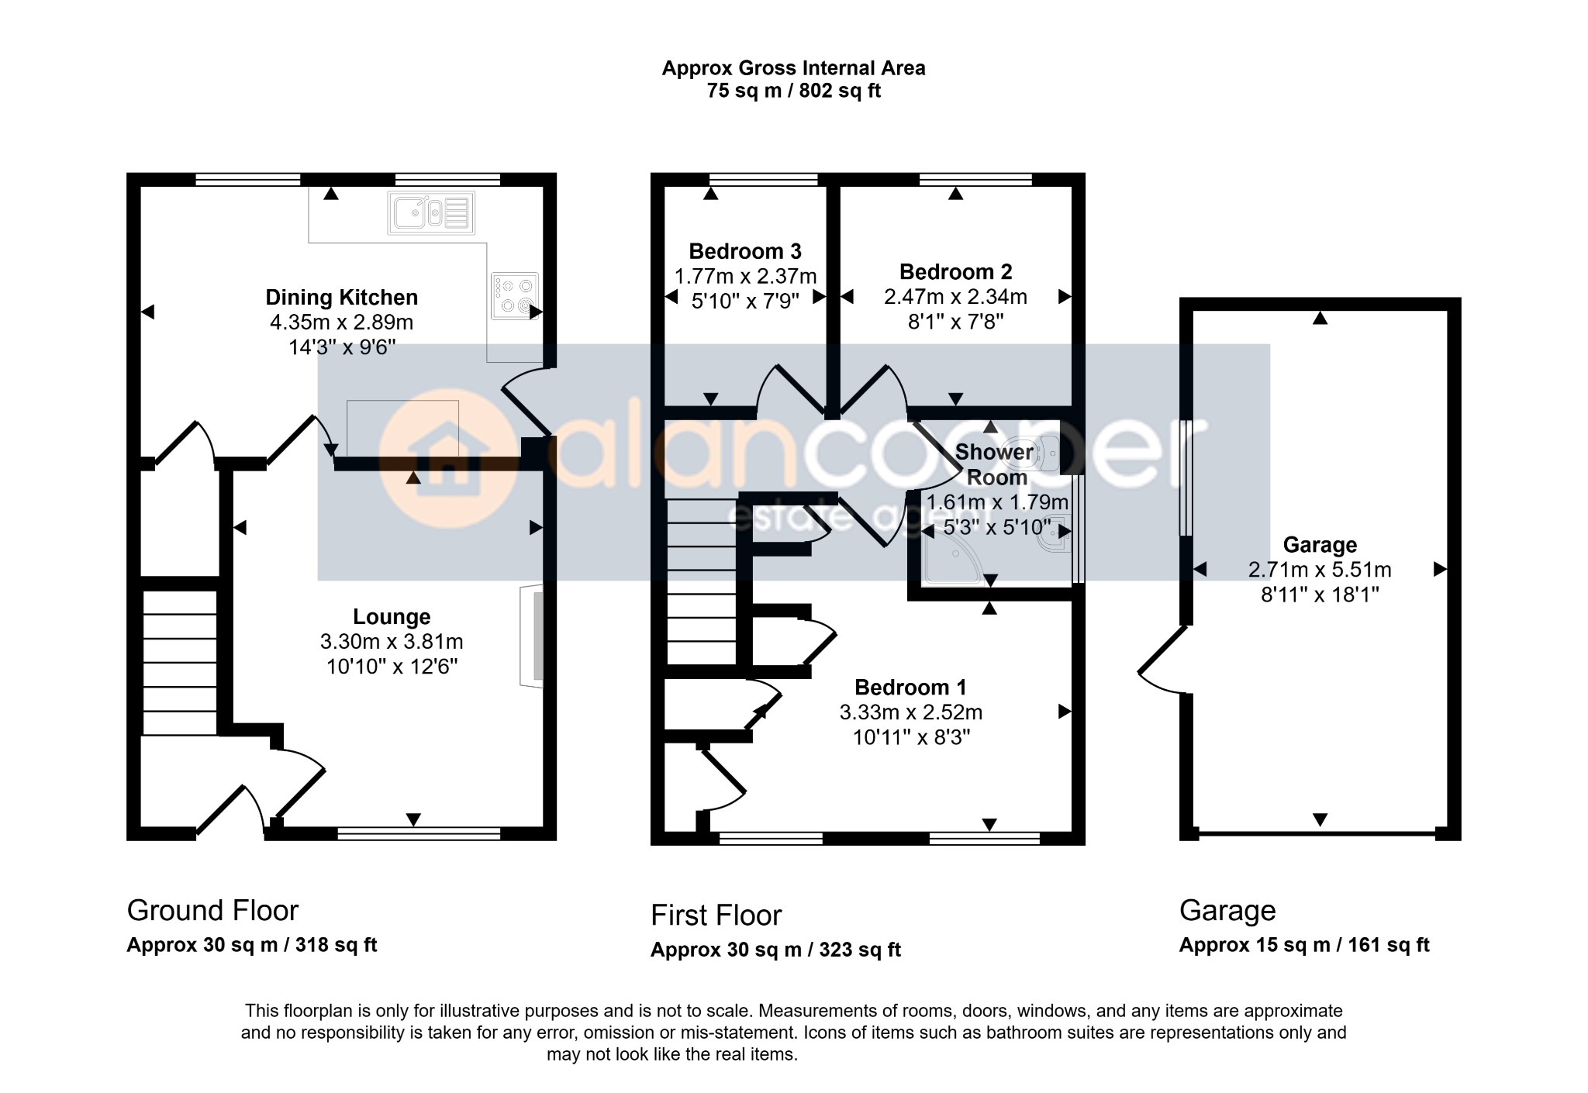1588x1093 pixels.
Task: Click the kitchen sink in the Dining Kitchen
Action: [x=431, y=212]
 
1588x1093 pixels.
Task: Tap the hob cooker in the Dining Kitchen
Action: [x=515, y=296]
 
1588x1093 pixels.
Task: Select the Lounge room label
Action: [x=392, y=617]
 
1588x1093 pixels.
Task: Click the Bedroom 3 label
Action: [x=745, y=251]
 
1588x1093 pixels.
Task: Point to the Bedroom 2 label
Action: [x=955, y=272]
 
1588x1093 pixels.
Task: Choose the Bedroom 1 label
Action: [x=911, y=688]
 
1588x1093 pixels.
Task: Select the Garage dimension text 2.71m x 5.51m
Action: [x=1320, y=571]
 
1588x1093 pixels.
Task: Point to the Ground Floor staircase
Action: [x=180, y=663]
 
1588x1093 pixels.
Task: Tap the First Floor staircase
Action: [x=701, y=581]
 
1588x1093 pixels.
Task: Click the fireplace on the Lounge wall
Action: [x=532, y=636]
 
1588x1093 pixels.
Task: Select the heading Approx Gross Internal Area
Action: [x=793, y=68]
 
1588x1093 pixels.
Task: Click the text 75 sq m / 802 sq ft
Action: [x=793, y=91]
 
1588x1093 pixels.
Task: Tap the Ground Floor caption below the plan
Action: [x=212, y=911]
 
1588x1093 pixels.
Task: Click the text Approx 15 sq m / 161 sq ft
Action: [x=1304, y=945]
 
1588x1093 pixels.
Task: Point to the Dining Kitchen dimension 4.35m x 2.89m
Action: [x=341, y=322]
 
